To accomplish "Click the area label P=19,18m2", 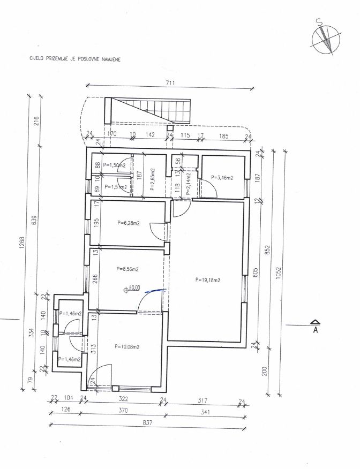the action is (208, 280).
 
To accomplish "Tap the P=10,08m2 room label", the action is (127, 347).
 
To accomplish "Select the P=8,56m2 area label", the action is (127, 269).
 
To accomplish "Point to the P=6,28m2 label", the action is (129, 223).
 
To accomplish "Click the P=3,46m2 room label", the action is (222, 177).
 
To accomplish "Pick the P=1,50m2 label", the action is (114, 165).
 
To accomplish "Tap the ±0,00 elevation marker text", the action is (134, 288).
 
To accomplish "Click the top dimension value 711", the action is (170, 83).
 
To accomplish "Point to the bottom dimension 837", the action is (148, 423).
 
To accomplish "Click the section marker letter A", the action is (315, 330).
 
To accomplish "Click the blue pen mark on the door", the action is (155, 290).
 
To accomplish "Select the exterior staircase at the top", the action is (147, 110).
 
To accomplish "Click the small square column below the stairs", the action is (170, 128).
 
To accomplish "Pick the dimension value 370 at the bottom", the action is (123, 410).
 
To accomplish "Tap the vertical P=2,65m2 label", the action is (152, 179).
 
